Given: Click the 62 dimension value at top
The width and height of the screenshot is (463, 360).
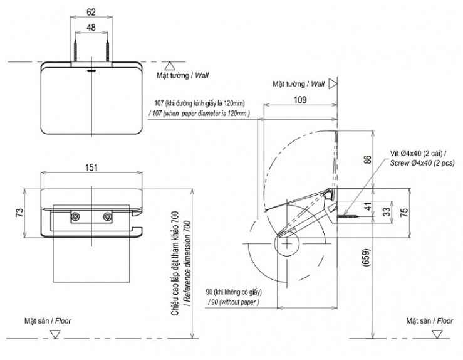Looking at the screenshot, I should [x=91, y=11].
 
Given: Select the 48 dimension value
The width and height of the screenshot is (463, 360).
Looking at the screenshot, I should [x=91, y=28].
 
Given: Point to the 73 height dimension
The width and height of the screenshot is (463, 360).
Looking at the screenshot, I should [x=19, y=213].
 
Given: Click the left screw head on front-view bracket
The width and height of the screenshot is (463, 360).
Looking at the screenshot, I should [x=75, y=216].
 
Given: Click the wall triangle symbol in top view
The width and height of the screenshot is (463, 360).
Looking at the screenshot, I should [x=169, y=65].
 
